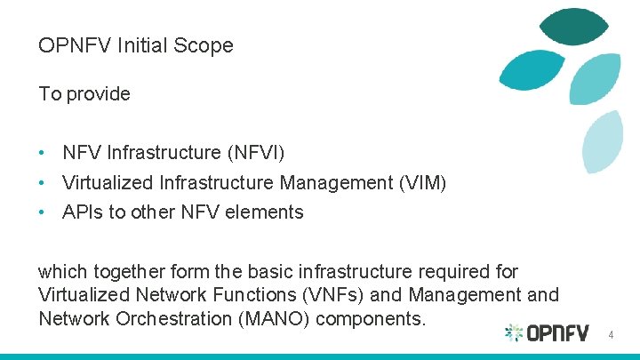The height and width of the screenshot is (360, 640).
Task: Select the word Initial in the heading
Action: tap(142, 45)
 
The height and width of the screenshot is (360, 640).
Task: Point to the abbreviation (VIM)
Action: tap(422, 183)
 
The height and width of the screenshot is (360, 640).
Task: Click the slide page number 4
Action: tap(611, 335)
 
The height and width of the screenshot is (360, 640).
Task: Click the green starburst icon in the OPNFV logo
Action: tap(514, 333)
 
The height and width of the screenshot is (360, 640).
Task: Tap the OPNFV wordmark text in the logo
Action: tap(557, 333)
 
